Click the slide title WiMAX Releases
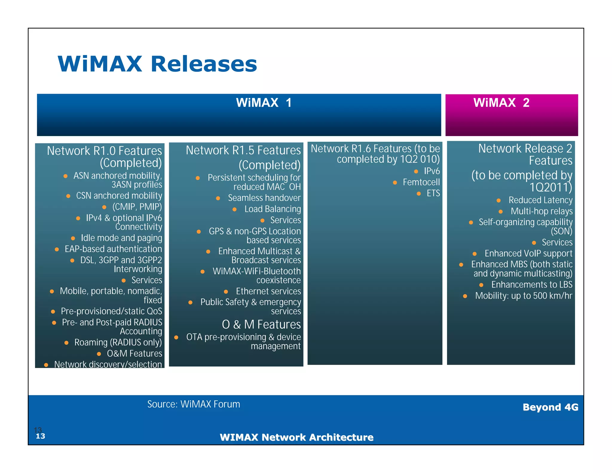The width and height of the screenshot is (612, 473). [x=157, y=64]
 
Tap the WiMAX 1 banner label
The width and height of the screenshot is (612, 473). [x=264, y=103]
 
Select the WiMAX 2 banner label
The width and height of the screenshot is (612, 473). [x=501, y=103]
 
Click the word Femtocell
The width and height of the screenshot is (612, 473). [x=421, y=182]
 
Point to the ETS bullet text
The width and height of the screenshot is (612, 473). [x=433, y=193]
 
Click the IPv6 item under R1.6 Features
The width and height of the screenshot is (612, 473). [x=432, y=171]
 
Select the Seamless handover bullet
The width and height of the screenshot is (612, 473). [x=264, y=198]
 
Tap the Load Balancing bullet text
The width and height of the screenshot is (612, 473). [x=273, y=209]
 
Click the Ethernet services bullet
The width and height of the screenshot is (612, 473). [x=268, y=291]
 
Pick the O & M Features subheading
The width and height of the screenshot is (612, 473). [x=261, y=324]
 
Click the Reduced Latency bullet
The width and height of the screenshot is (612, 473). [x=540, y=200]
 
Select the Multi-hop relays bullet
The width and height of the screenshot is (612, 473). [x=541, y=211]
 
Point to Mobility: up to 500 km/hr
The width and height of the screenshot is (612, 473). [x=524, y=296]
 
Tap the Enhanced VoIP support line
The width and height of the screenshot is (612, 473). [x=528, y=254]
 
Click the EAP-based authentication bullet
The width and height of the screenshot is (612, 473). [x=113, y=249]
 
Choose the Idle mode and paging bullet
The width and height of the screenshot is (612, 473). [x=121, y=238]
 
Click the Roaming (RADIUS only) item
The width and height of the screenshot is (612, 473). [x=118, y=342]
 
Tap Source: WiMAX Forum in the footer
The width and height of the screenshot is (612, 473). [x=194, y=404]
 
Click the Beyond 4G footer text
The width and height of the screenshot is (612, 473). [x=550, y=407]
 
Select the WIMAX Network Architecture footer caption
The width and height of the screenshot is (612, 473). [x=296, y=437]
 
